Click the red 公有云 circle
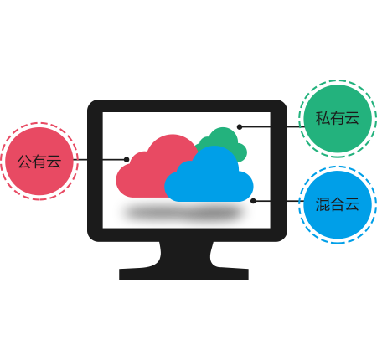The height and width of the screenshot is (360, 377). click(39, 161)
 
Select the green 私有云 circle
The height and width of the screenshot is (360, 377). click(338, 119)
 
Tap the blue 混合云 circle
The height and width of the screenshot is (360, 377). click(338, 204)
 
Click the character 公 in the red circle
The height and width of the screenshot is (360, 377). click(24, 162)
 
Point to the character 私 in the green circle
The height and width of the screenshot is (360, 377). click(323, 118)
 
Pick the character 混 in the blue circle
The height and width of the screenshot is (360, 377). click(323, 204)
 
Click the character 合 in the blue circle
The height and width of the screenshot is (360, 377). click(338, 204)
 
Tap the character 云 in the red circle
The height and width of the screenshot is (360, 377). click(54, 162)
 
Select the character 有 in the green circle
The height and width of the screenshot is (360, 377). click(338, 118)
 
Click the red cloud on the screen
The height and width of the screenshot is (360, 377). click(151, 170)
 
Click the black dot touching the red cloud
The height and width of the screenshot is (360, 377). click(127, 160)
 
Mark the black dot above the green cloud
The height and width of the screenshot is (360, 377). click(240, 127)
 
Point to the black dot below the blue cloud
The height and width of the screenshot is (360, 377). click(253, 201)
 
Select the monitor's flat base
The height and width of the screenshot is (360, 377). click(183, 275)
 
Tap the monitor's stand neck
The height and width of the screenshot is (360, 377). click(185, 255)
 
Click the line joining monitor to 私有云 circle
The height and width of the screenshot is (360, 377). click(271, 127)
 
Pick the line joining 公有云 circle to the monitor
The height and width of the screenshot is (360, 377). click(100, 160)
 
